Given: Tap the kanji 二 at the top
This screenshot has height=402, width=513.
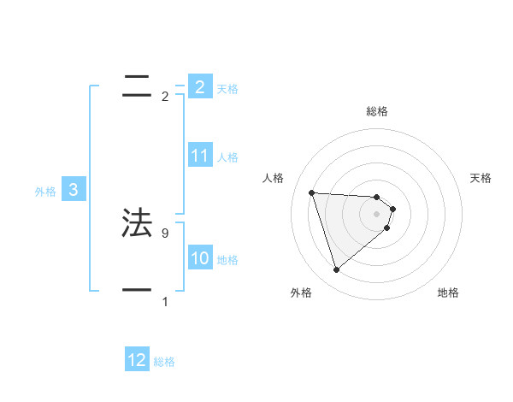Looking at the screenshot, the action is click(x=137, y=86).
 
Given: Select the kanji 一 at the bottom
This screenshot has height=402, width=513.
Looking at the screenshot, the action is click(x=137, y=290).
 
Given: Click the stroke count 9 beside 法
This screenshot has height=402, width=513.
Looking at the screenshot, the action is click(x=165, y=233).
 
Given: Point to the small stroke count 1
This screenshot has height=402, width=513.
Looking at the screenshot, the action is click(x=165, y=301).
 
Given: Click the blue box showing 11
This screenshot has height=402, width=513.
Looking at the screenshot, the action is click(x=200, y=156).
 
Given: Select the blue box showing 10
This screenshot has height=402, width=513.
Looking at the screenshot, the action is click(x=200, y=258).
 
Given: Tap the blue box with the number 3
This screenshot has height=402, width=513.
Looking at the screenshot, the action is click(x=74, y=191).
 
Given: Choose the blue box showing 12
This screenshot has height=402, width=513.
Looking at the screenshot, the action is click(x=137, y=360).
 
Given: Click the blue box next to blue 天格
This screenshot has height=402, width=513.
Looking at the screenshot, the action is click(x=200, y=86).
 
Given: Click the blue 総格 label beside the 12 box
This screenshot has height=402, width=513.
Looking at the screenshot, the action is click(x=164, y=362).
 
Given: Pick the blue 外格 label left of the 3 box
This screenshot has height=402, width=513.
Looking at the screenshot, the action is click(x=45, y=192).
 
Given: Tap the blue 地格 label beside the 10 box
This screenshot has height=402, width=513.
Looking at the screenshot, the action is click(x=227, y=259).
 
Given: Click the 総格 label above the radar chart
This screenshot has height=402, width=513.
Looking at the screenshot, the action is click(x=377, y=111).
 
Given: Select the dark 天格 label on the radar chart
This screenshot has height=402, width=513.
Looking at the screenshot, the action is click(x=481, y=178).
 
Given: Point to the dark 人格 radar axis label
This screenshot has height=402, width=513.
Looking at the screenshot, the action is click(x=273, y=178).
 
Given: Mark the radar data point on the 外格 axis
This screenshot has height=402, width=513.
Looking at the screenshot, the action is click(x=336, y=270).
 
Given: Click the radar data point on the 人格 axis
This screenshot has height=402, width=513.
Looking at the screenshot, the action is click(x=312, y=192).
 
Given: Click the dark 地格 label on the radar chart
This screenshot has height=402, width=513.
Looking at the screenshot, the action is click(x=448, y=293).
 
